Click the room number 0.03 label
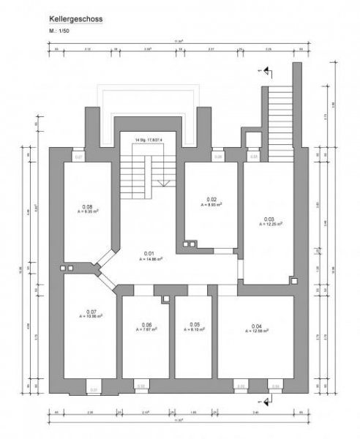269,219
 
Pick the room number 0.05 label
195,325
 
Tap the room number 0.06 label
146,325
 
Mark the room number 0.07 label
91,312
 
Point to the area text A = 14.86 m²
149,258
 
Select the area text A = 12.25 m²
269,224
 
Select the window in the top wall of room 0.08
79,157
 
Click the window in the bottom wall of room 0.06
142,385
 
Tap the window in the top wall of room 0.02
217,157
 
